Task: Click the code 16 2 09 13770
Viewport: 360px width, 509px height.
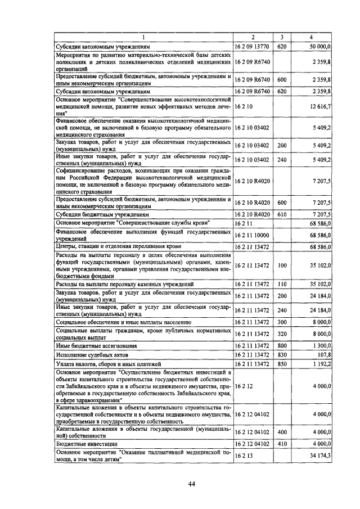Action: (253, 47)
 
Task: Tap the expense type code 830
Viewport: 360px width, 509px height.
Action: (282, 355)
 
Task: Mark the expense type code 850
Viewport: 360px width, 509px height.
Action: (282, 364)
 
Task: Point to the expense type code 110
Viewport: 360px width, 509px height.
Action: (282, 284)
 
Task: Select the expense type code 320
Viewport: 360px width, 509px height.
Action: (282, 334)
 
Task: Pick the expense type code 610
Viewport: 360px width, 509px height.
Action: (282, 214)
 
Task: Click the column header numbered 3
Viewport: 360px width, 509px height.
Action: (282, 37)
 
